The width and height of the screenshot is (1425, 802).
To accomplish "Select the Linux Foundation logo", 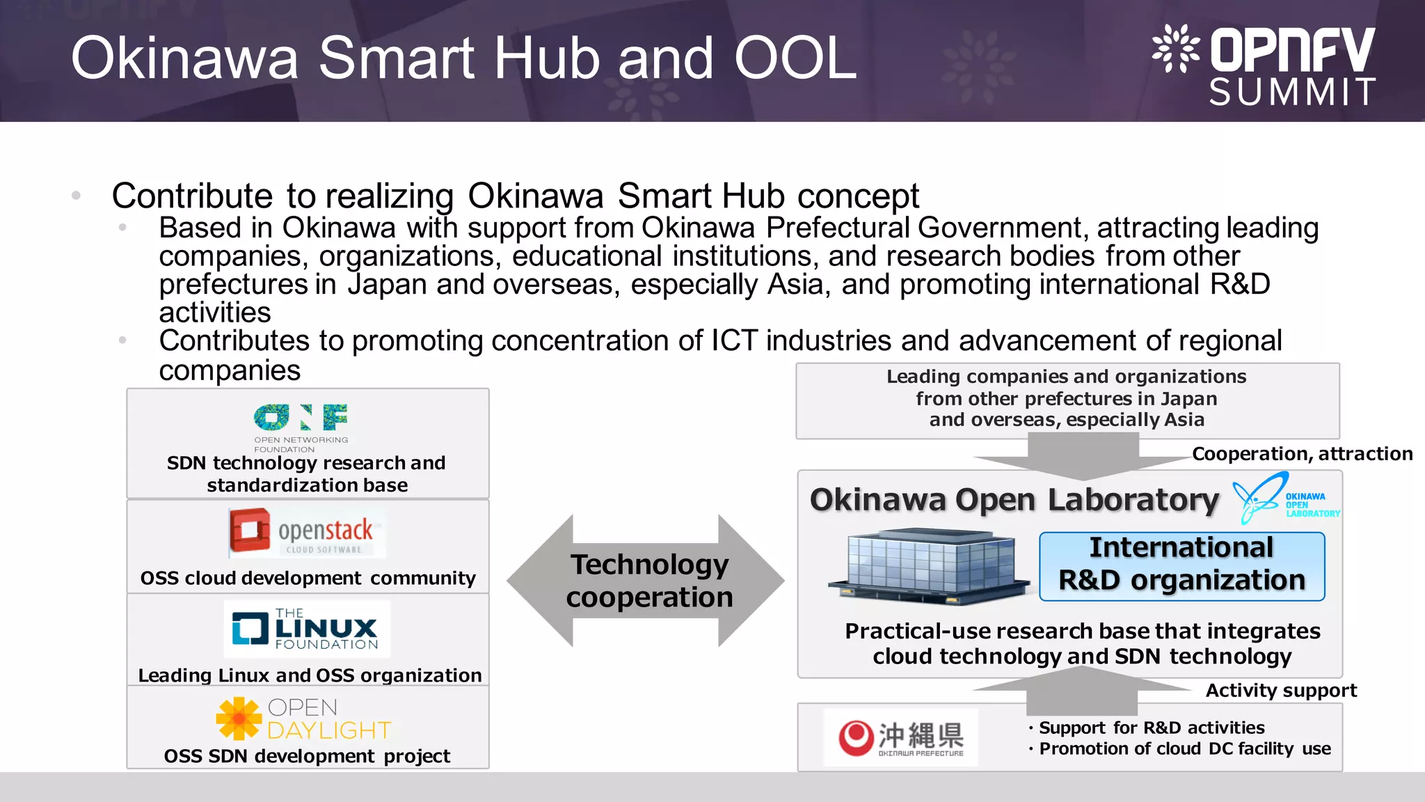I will [x=306, y=629].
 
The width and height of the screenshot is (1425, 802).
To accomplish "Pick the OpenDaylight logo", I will [x=304, y=718].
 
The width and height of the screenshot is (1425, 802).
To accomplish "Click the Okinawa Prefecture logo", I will [x=900, y=738].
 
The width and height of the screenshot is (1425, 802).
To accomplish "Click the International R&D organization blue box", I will [x=1181, y=565].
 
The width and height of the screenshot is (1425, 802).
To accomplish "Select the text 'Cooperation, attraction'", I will [x=1302, y=454].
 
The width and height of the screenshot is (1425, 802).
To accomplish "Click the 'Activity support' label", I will [x=1280, y=691].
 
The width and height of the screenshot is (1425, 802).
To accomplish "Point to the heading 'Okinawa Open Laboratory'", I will [x=1014, y=500].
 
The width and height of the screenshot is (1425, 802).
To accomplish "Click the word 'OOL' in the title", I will [x=795, y=58].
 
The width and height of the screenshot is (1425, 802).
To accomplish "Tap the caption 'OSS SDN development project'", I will [x=307, y=756].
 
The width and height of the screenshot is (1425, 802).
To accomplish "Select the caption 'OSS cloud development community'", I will [x=308, y=578].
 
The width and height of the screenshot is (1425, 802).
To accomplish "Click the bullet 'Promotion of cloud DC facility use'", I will [x=1184, y=749].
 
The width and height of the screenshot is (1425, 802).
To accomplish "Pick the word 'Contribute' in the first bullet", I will [x=192, y=196].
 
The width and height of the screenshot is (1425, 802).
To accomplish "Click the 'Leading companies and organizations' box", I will [x=1067, y=399].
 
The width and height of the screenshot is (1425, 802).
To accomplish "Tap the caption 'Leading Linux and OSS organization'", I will [x=310, y=675].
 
